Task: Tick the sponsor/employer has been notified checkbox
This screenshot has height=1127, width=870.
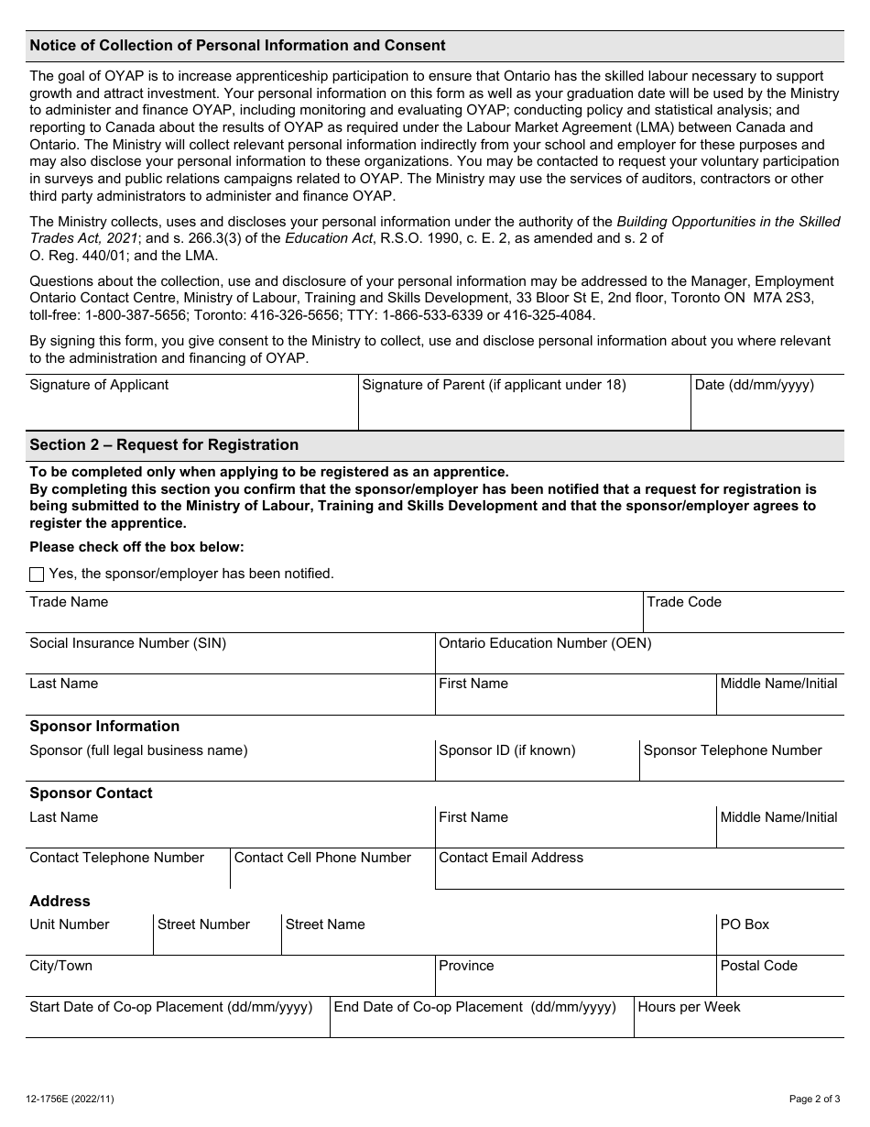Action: [37, 574]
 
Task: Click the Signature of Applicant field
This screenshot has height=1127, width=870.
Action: [191, 411]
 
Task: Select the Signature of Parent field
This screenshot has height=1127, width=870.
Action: [524, 411]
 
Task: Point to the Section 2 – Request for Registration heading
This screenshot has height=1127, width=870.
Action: [164, 445]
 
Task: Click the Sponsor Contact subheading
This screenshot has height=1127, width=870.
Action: [91, 793]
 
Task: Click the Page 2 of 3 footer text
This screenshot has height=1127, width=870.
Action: [814, 1099]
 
